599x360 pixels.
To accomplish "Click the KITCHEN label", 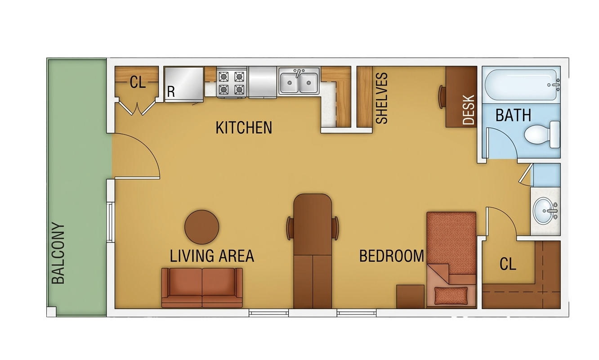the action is coord(244,128).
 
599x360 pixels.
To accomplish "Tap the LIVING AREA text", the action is coord(212,256).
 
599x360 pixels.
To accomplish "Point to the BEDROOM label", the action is coord(392,256).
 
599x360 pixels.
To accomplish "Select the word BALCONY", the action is coord(58,253).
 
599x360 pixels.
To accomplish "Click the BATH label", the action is coord(513,115).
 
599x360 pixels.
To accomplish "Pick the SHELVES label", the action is coord(382,98).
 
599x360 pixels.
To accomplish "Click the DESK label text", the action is coord(469,110).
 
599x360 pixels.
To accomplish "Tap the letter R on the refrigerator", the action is coord(171,92).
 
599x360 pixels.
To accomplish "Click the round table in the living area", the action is coord(201,227).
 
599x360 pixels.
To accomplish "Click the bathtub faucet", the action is coord(556,85).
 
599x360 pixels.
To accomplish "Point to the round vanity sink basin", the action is coord(543,211).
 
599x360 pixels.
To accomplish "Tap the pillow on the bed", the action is coord(451,296).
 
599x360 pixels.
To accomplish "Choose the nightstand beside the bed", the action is coord(410,297).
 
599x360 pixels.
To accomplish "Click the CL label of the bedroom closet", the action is coord(508,264).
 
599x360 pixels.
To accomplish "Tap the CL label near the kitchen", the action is coord(138,82).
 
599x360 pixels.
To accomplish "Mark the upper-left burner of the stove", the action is coord(224,77).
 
